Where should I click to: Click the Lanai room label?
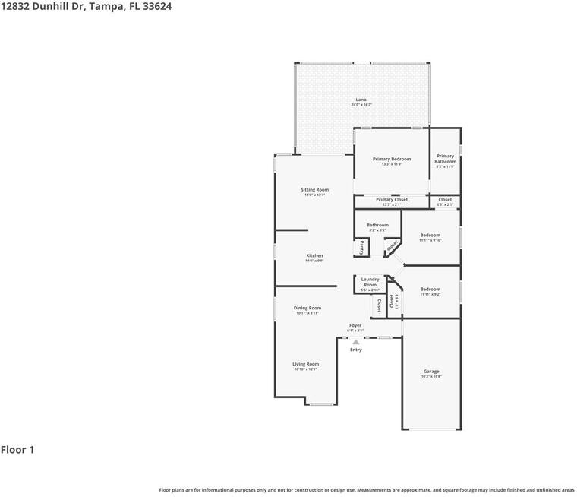pyautogui.click(x=361, y=100)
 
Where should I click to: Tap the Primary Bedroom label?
pyautogui.click(x=392, y=159)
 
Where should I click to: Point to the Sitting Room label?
pyautogui.click(x=314, y=189)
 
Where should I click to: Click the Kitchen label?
pyautogui.click(x=314, y=255)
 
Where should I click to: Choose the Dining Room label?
pyautogui.click(x=307, y=308)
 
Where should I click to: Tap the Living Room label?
pyautogui.click(x=306, y=364)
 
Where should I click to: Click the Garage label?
pyautogui.click(x=431, y=372)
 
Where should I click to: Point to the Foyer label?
pyautogui.click(x=355, y=325)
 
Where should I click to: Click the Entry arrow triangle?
pyautogui.click(x=355, y=342)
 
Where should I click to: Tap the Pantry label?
pyautogui.click(x=361, y=248)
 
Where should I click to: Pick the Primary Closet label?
pyautogui.click(x=392, y=200)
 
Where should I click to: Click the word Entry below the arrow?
pyautogui.click(x=355, y=350)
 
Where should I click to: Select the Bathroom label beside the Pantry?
pyautogui.click(x=377, y=225)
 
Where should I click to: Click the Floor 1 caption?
pyautogui.click(x=17, y=450)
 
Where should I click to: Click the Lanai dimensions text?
pyautogui.click(x=361, y=105)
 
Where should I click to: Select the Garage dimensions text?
pyautogui.click(x=431, y=377)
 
